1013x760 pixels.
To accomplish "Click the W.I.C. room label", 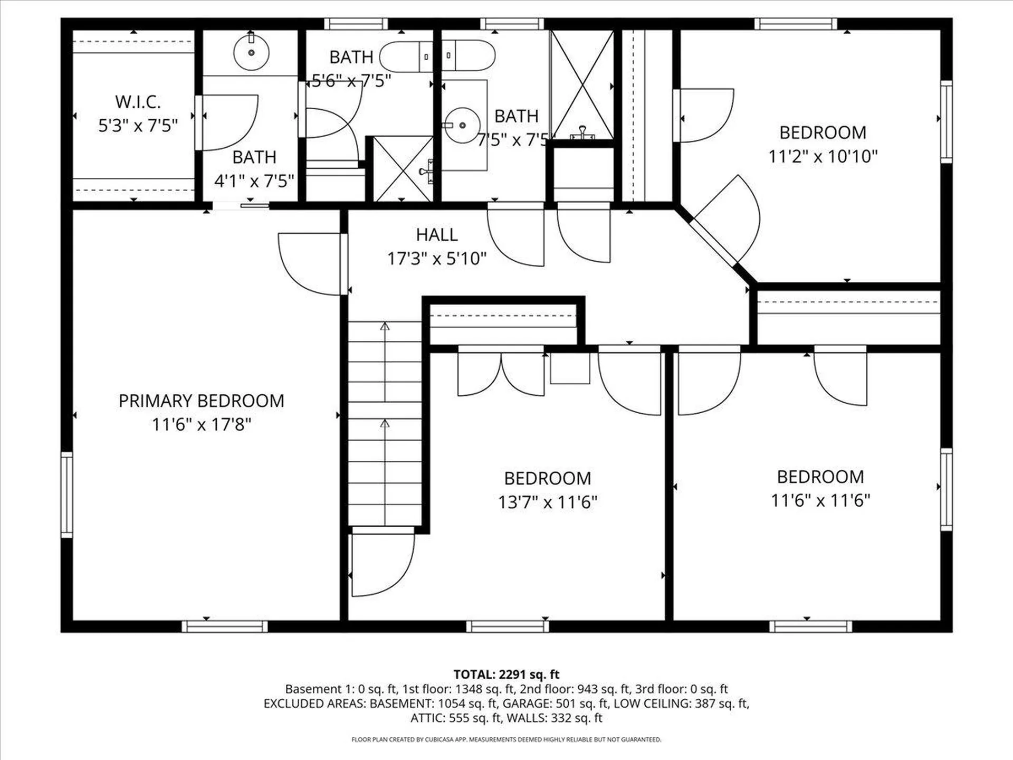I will click(x=138, y=102).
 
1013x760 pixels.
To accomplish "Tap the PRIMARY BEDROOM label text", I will click(x=201, y=401).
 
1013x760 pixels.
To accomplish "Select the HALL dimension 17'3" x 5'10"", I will click(x=437, y=259).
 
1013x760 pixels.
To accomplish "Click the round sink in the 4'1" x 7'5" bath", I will click(x=252, y=52).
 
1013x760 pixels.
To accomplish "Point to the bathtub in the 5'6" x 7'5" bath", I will click(x=406, y=57).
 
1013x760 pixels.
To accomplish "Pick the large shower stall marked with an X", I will click(x=582, y=84).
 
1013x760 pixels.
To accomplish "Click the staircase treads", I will click(x=385, y=422).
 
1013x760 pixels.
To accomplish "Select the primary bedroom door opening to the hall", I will click(x=311, y=263).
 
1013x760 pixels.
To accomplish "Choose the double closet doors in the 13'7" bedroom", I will click(x=501, y=374).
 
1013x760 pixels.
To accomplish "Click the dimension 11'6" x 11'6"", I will click(x=820, y=500).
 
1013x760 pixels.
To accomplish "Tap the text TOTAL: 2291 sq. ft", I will click(x=506, y=674).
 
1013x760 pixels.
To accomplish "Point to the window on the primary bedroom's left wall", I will click(x=67, y=495).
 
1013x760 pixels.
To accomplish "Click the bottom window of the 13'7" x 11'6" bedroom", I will click(x=508, y=626).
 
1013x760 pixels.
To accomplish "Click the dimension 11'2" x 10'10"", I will click(x=823, y=157).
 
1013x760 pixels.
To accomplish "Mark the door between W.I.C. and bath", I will click(x=227, y=122).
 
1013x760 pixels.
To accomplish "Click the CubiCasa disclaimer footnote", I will click(x=506, y=740).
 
